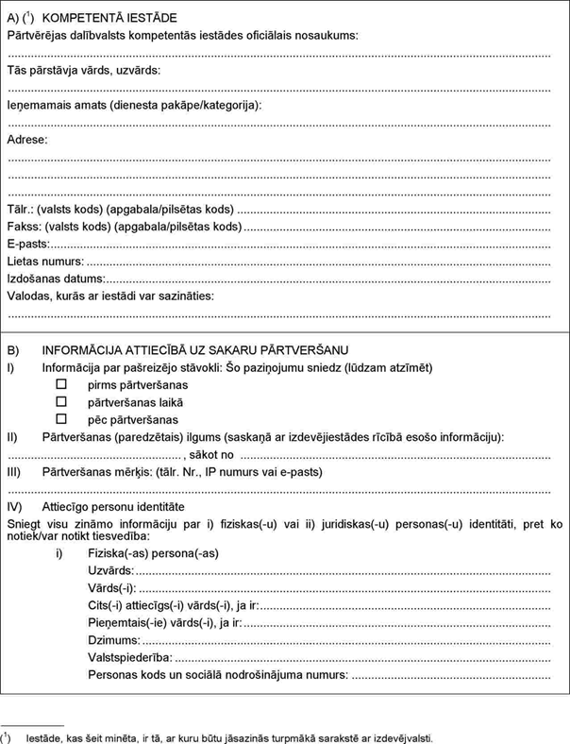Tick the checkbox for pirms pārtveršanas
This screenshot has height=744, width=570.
point(61,385)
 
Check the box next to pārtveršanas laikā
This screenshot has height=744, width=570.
point(61,402)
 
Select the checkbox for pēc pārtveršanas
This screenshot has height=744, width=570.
point(61,419)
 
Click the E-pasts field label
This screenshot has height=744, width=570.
point(28,244)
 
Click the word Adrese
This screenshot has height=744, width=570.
point(27,140)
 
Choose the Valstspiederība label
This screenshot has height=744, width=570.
point(129,657)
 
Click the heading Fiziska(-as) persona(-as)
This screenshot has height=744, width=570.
point(153,553)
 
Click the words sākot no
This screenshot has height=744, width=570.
point(214,455)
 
